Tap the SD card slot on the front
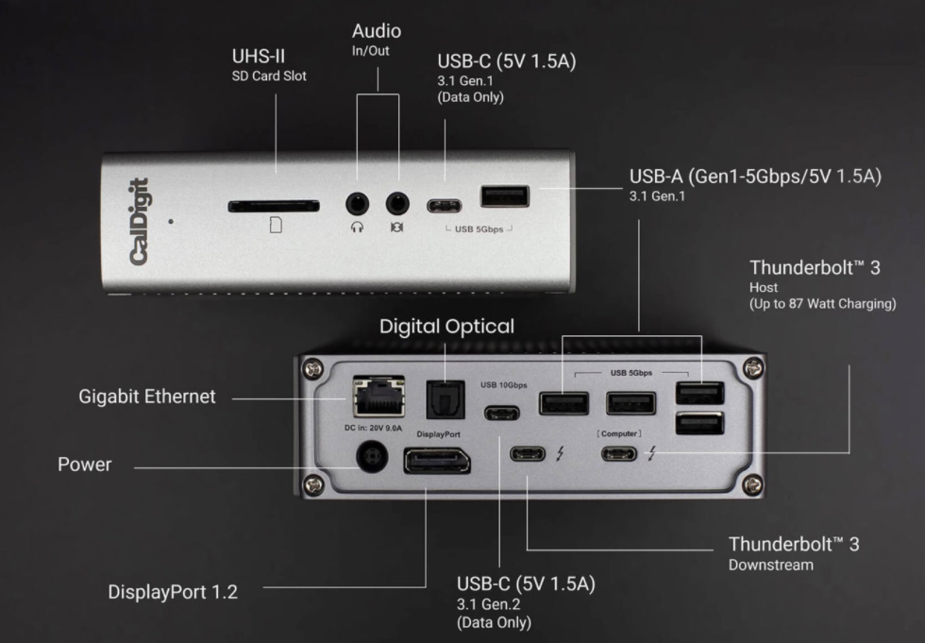[274, 204]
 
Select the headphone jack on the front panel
[356, 202]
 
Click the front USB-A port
[504, 197]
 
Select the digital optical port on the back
[437, 398]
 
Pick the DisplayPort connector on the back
[437, 463]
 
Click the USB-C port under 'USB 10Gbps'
[500, 412]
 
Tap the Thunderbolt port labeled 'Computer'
[621, 454]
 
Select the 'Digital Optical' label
[446, 327]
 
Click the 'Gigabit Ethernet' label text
[146, 397]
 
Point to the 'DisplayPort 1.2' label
[172, 592]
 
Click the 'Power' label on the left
[83, 465]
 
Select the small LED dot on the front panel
[171, 222]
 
